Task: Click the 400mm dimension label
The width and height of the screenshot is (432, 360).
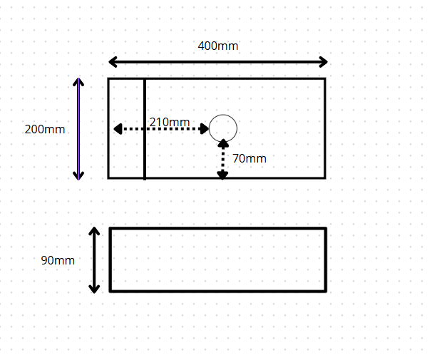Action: click(x=217, y=46)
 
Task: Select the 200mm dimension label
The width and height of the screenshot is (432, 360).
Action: click(x=44, y=130)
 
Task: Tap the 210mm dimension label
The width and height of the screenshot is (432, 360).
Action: click(x=169, y=122)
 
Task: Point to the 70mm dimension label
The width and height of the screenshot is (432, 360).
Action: click(x=250, y=158)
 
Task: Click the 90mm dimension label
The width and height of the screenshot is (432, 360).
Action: click(x=57, y=260)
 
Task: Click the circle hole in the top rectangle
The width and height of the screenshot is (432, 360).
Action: click(x=223, y=128)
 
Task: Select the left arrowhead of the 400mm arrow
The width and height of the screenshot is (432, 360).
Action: click(x=113, y=62)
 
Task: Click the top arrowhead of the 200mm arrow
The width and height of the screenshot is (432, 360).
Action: click(x=78, y=82)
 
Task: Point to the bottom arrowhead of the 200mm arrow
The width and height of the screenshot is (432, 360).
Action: click(x=78, y=175)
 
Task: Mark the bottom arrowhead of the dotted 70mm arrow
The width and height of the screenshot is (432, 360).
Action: click(x=222, y=175)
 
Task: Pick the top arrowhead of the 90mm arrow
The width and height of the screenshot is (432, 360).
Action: click(x=94, y=232)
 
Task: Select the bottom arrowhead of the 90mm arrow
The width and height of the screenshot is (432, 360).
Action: click(x=94, y=288)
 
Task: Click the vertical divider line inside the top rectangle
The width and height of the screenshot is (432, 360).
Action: click(x=145, y=128)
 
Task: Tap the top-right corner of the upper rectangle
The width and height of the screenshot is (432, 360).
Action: click(x=325, y=79)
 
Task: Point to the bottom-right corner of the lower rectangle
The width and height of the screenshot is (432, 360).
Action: click(x=326, y=291)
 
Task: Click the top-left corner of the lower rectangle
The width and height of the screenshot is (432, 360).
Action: click(x=110, y=229)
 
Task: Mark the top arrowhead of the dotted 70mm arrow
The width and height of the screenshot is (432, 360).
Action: click(x=223, y=143)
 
